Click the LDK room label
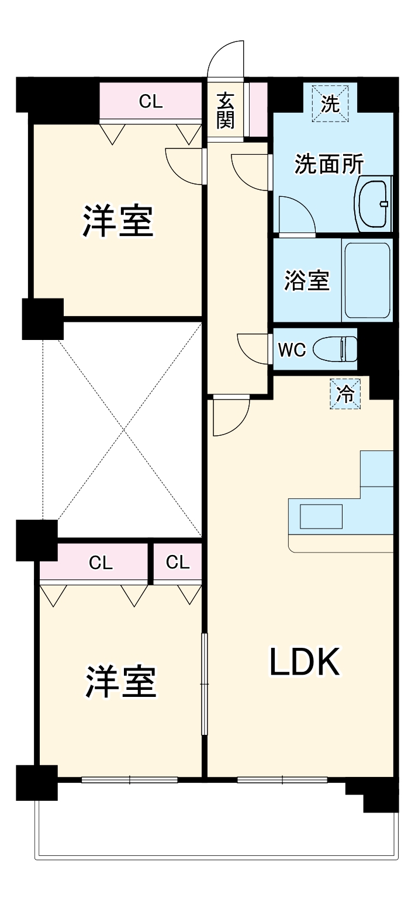[x=305, y=663]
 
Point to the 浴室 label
[x=307, y=280]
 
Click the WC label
[x=292, y=350]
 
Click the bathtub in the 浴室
[x=366, y=280]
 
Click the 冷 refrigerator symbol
[x=346, y=394]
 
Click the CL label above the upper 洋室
[x=150, y=102]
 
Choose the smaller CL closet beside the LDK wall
[x=178, y=562]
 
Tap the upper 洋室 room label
[x=117, y=220]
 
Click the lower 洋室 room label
[x=121, y=681]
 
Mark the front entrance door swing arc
[x=227, y=58]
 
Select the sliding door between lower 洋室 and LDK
[x=204, y=683]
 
